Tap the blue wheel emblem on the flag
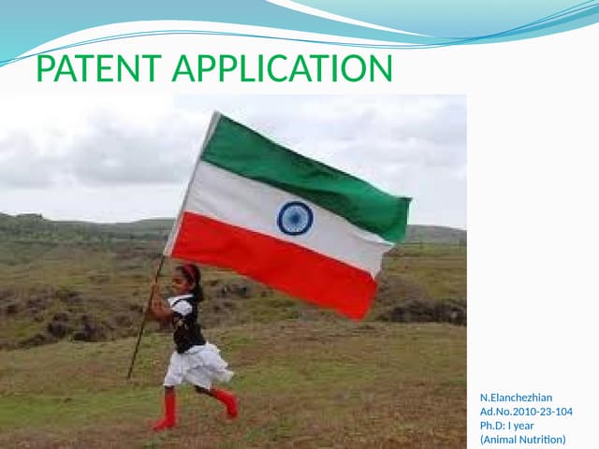click(295, 217)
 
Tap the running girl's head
click(190, 276)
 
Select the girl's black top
click(188, 323)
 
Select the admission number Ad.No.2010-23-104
click(526, 412)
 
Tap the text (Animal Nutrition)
click(522, 440)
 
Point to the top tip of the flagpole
click(217, 114)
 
